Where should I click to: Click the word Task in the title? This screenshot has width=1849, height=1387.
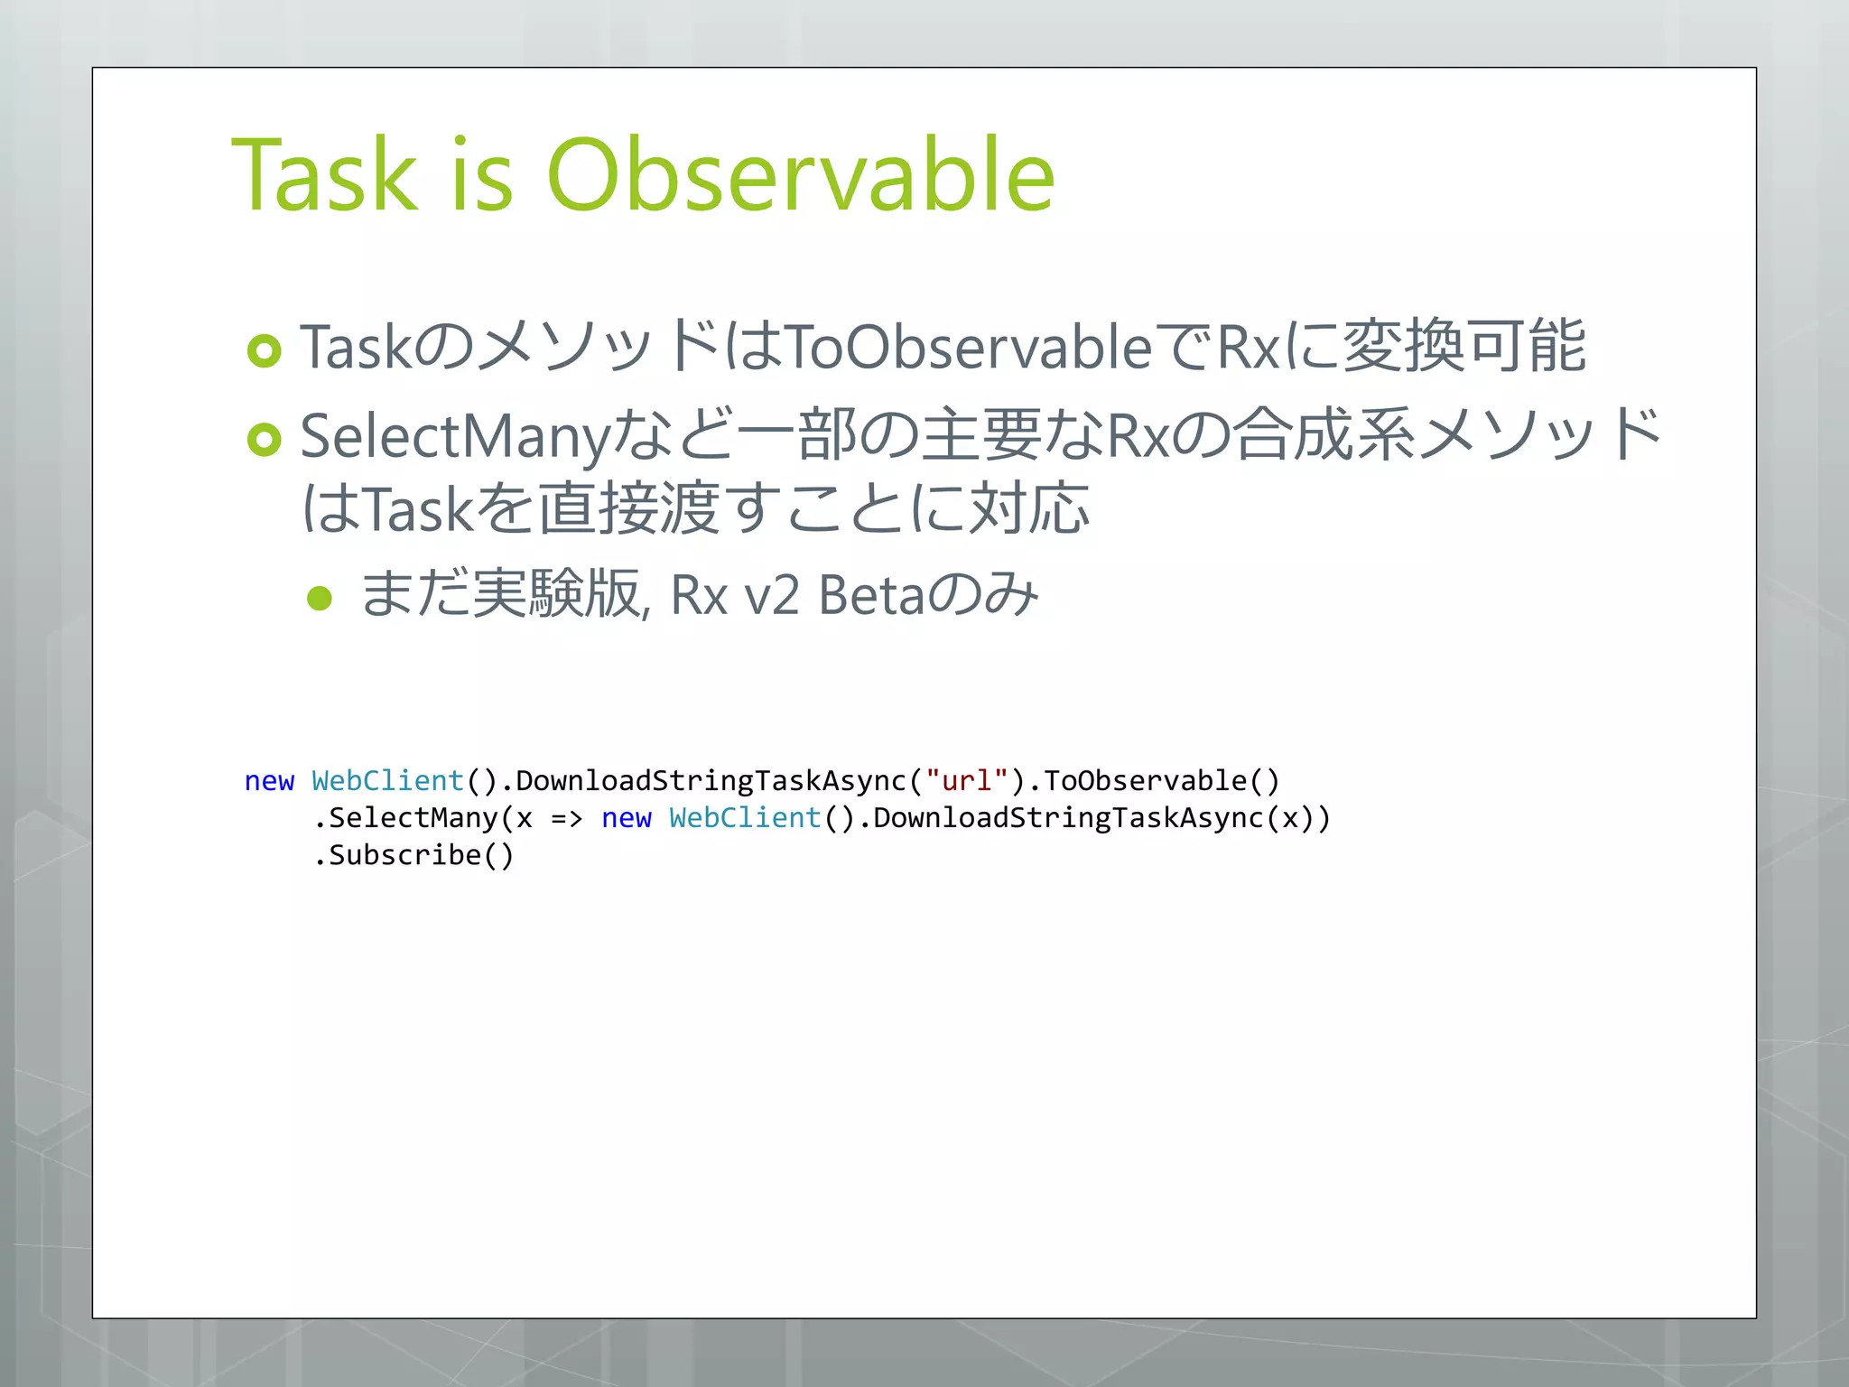point(325,175)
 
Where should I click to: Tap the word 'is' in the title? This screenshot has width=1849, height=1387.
point(482,175)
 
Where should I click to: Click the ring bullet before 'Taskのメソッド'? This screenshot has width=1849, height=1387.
point(265,350)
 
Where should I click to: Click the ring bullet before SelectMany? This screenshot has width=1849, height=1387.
point(265,440)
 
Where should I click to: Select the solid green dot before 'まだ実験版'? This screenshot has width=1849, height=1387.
point(320,598)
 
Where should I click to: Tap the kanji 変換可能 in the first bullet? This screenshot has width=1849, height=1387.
point(1463,346)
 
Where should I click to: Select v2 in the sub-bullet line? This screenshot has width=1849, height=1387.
point(772,596)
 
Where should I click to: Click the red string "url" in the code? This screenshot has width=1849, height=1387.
point(967,780)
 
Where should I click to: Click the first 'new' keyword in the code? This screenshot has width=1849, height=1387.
point(269,781)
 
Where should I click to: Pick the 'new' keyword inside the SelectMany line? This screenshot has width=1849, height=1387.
point(626,818)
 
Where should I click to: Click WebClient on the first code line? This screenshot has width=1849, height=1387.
point(387,780)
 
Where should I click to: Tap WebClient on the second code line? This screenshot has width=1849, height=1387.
point(745,818)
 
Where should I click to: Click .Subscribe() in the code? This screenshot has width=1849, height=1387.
point(413,855)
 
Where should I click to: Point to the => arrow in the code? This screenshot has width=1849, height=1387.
point(567,818)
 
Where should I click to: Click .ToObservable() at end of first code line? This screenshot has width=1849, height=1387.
point(1154,780)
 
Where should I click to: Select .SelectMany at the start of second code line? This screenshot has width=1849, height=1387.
point(404,818)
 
